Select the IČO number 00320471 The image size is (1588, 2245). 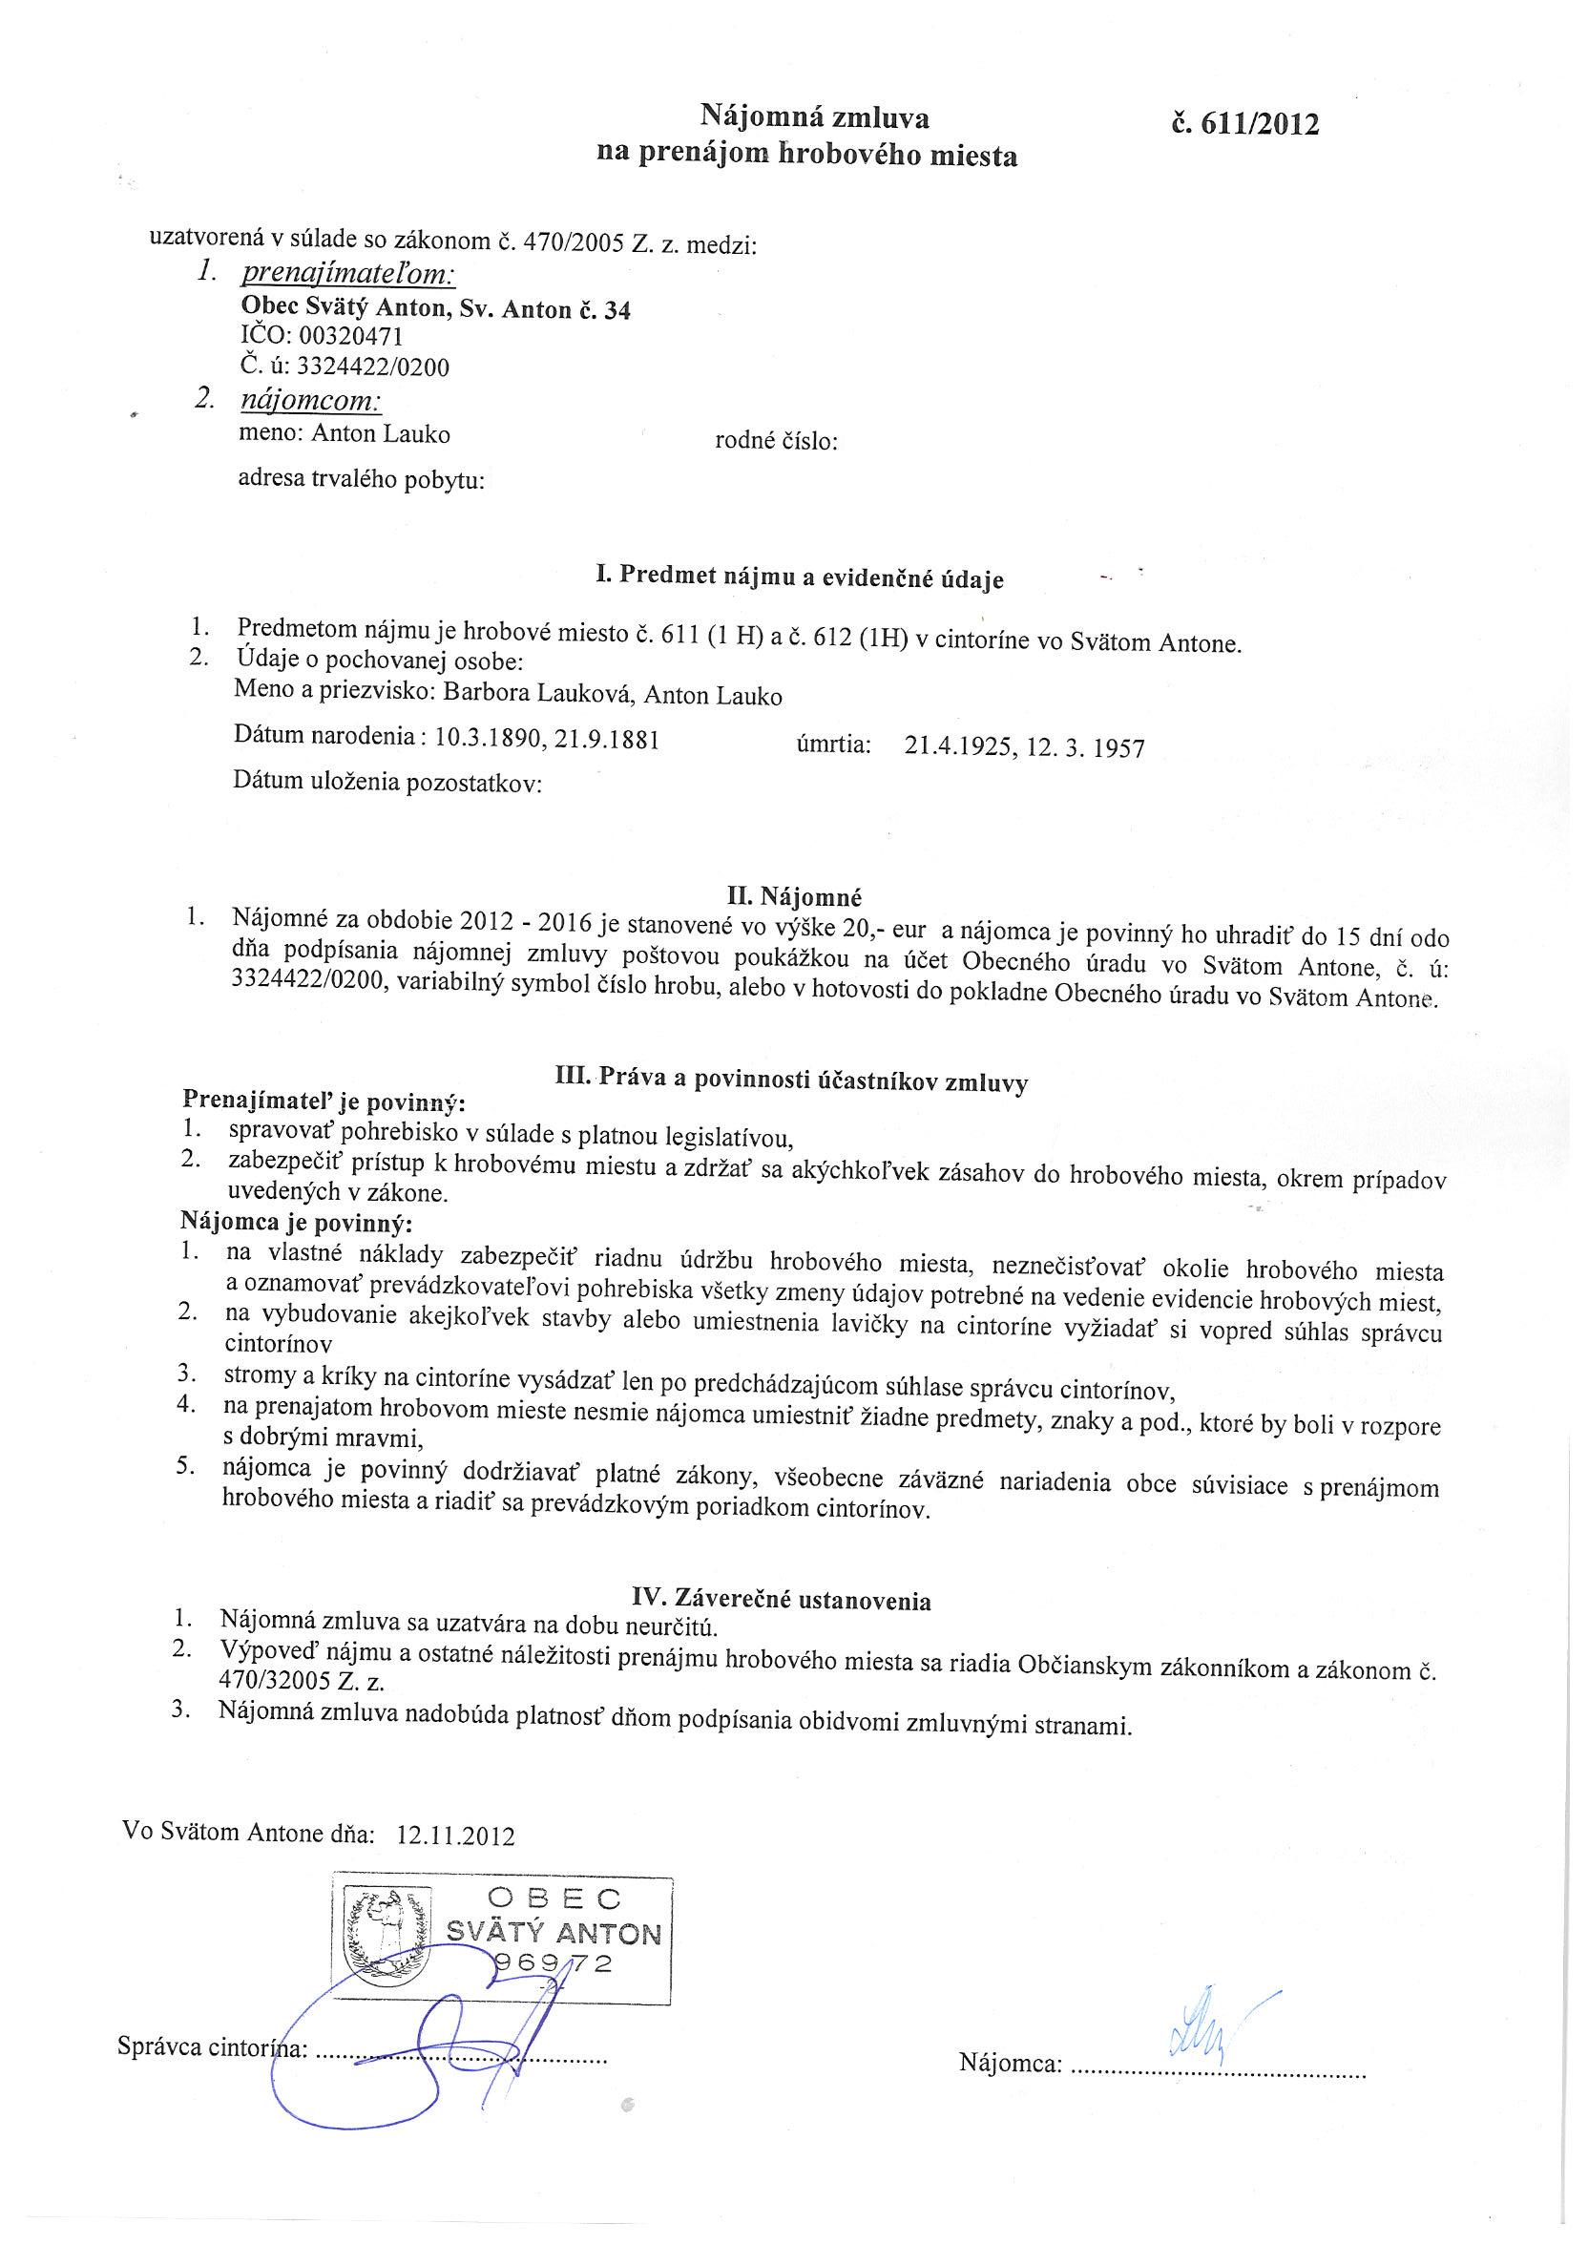[350, 337]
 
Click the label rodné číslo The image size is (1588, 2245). [777, 442]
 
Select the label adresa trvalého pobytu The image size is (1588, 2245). [362, 480]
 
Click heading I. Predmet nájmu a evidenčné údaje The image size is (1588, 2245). [800, 578]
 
